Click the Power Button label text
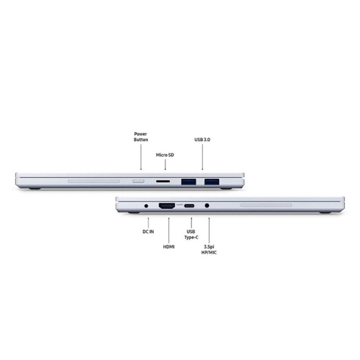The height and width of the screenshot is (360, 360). tap(141, 137)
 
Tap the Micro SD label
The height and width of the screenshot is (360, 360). tap(165, 155)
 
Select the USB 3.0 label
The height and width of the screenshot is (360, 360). tap(202, 140)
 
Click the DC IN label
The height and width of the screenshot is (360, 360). tap(148, 232)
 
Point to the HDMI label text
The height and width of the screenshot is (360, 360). tap(169, 247)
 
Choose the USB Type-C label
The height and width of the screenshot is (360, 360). tap(191, 235)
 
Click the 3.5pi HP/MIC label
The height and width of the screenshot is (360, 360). tap(209, 250)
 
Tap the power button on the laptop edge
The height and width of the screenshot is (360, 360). tap(139, 181)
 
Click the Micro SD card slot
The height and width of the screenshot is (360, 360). tap(163, 181)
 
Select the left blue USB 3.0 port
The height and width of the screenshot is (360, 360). tap(188, 182)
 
